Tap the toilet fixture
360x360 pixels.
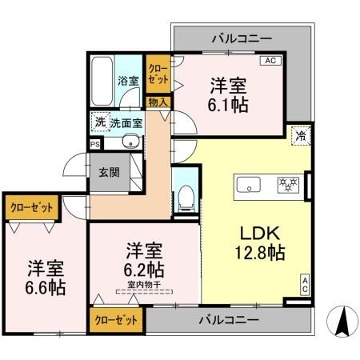(184, 195)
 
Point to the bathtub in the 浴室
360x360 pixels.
(101, 80)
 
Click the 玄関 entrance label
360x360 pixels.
(109, 172)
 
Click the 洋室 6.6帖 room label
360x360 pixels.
(45, 276)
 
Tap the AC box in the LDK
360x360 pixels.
(305, 283)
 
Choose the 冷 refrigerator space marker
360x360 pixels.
(301, 135)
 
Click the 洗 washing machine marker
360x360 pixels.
(100, 122)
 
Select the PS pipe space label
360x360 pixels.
(95, 145)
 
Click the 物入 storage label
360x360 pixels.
(158, 102)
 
